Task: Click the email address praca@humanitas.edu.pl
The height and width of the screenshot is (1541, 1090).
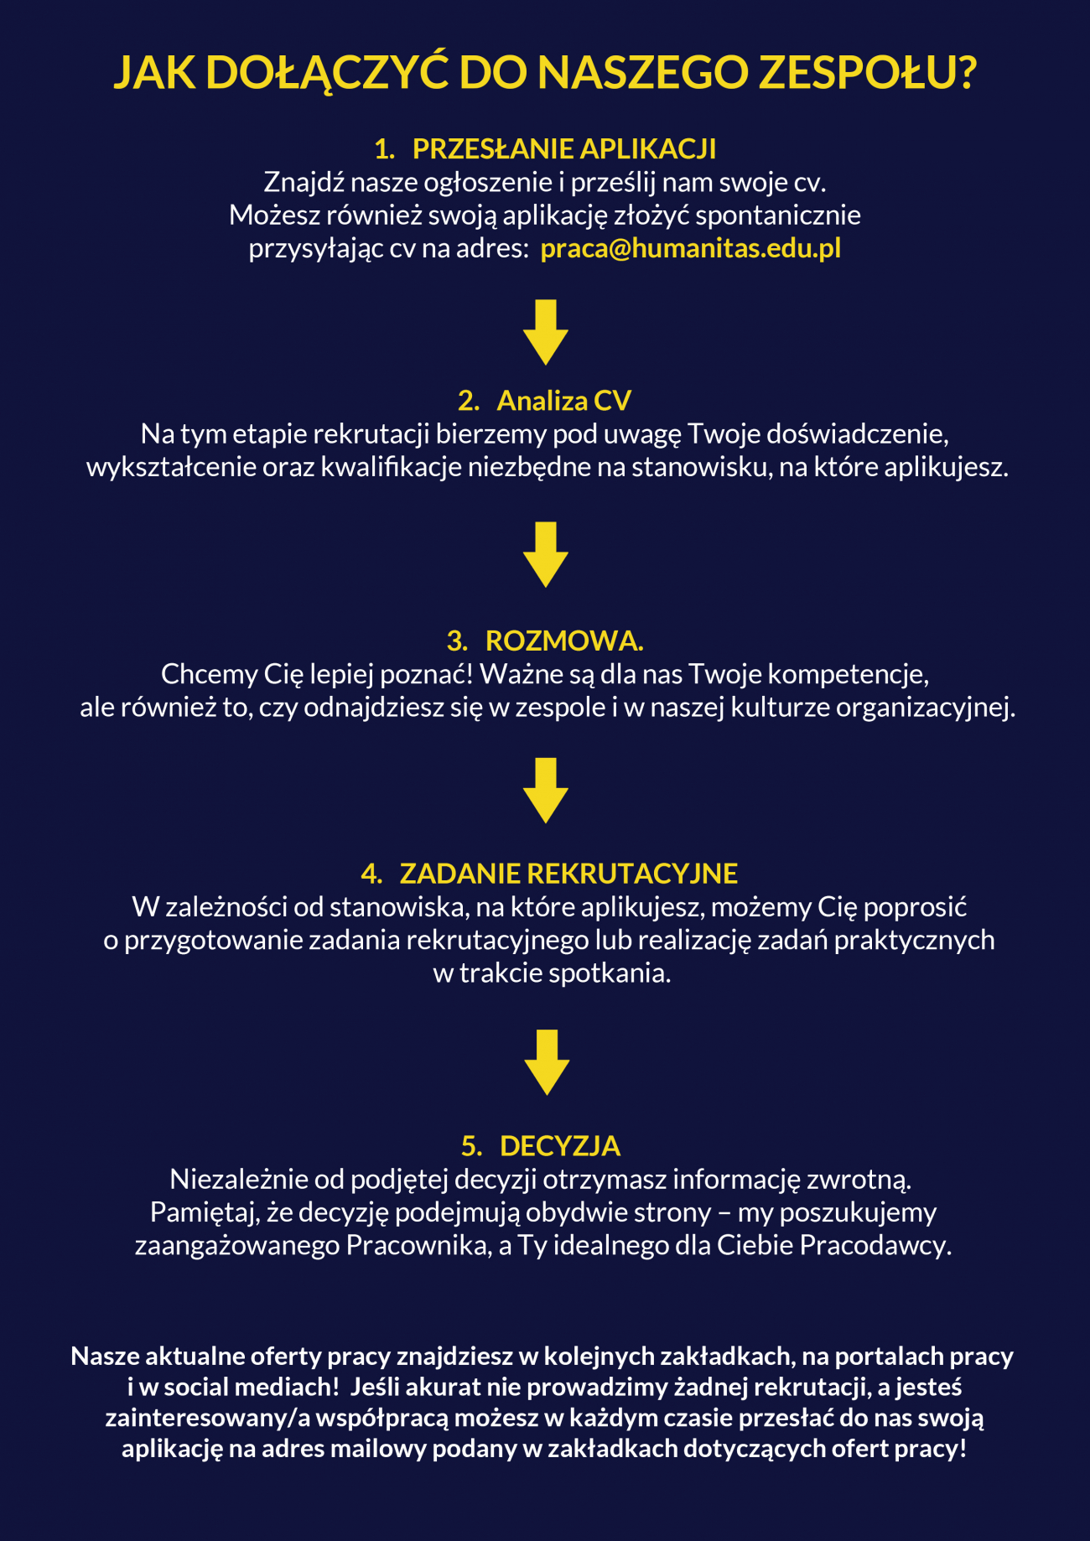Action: point(690,250)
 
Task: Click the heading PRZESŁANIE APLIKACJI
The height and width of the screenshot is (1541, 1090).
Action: point(564,149)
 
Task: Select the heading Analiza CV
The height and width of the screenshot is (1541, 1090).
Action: point(563,401)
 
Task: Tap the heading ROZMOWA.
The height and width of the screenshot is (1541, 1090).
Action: point(564,641)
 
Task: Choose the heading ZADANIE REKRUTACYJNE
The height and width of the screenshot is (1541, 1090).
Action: point(568,874)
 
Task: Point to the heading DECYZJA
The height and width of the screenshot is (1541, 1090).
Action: point(560,1146)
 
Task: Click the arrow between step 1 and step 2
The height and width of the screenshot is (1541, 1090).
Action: point(546,332)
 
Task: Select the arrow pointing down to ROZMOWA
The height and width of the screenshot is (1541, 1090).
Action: point(546,554)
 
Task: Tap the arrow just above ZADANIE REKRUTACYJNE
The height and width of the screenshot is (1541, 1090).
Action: point(546,791)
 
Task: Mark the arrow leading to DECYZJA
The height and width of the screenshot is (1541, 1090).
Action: point(547,1062)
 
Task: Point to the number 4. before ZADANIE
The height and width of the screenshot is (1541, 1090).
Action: point(371,874)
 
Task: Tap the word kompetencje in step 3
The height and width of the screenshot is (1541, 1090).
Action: point(848,675)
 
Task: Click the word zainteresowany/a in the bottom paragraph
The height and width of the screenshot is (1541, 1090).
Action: point(207,1418)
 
